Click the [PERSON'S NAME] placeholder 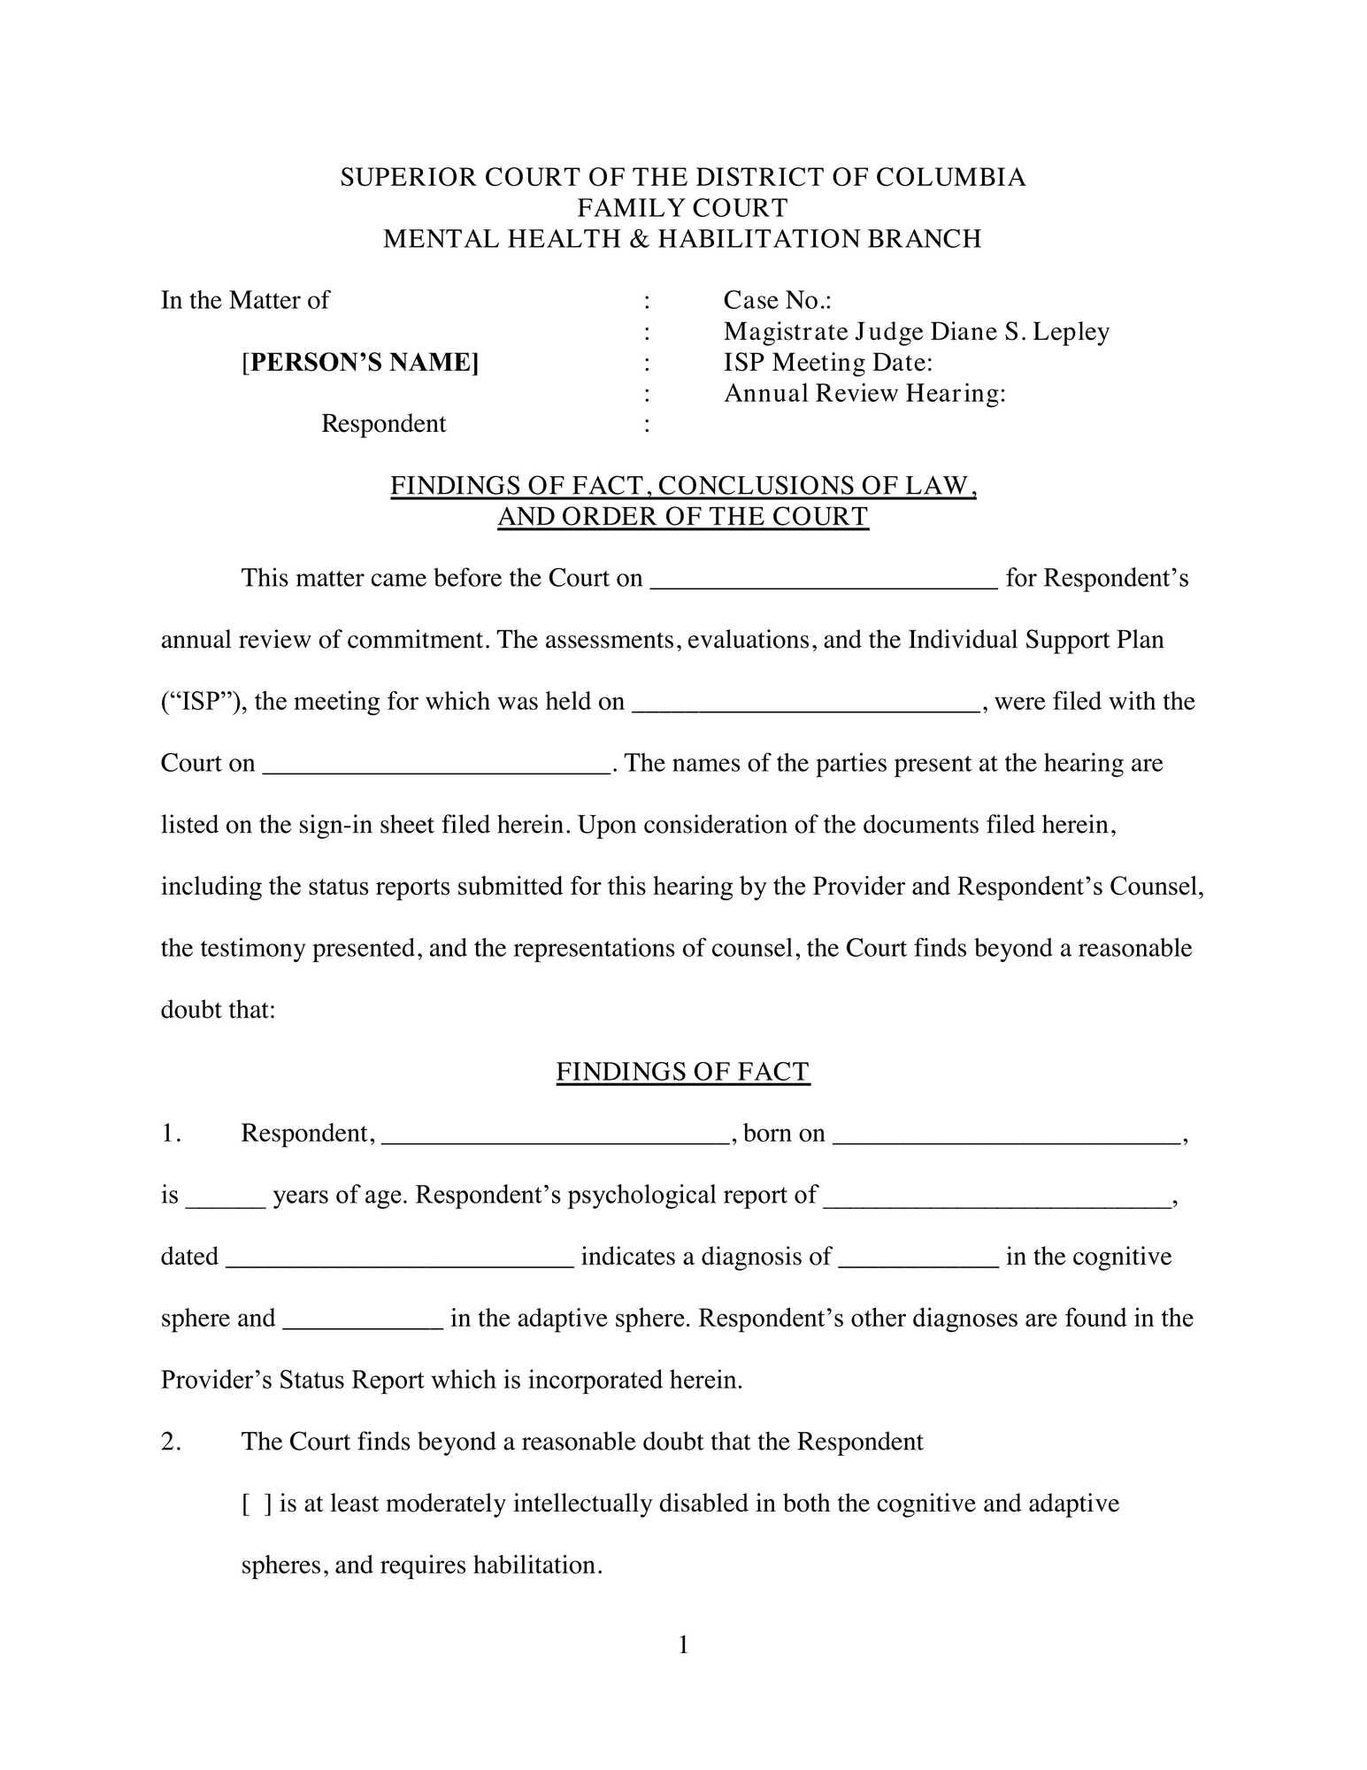360,362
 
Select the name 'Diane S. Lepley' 1018,332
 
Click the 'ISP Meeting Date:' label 828,362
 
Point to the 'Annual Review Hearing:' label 864,393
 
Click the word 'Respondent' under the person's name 383,424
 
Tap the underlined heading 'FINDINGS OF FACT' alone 682,1072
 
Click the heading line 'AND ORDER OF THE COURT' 682,516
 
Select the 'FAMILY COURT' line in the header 682,208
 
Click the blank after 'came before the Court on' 824,581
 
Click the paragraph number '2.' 172,1442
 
